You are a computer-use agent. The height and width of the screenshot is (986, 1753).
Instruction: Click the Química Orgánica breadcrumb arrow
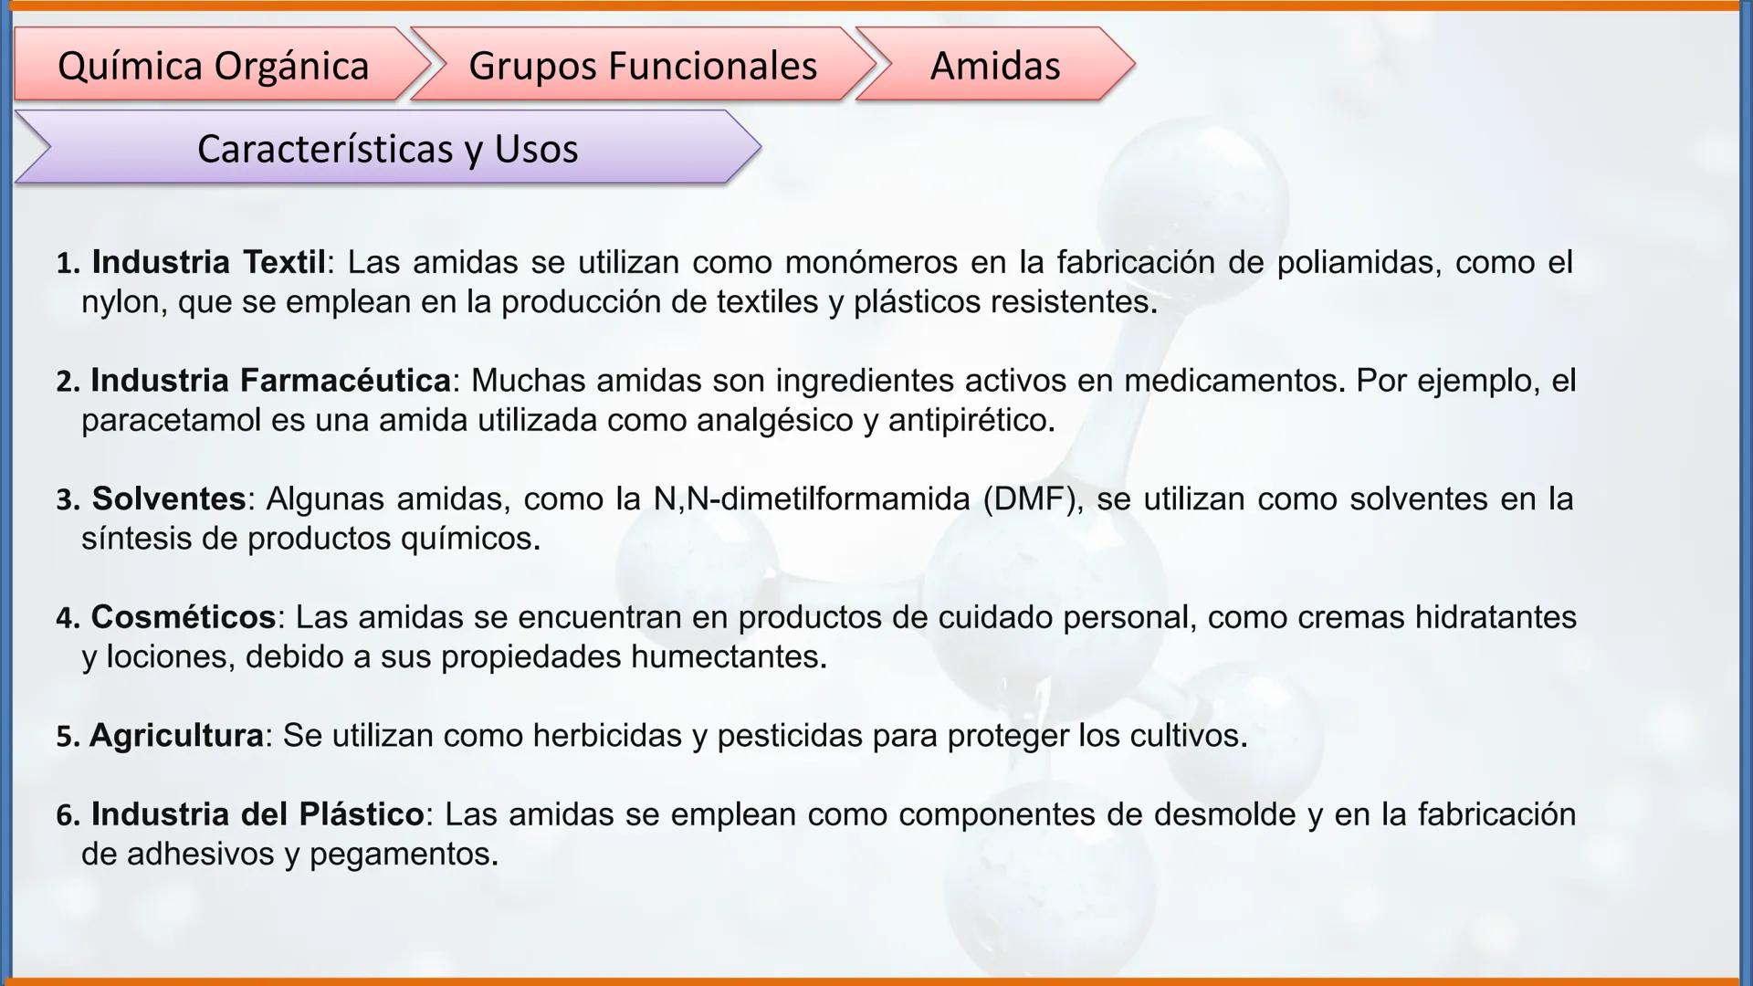tap(214, 65)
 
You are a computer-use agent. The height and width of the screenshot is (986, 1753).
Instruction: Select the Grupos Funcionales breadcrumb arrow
tap(642, 65)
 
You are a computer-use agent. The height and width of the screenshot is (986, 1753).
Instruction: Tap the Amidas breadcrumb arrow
tap(994, 65)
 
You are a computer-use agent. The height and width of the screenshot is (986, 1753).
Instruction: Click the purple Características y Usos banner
tap(387, 148)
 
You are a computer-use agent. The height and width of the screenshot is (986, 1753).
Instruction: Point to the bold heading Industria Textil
tap(208, 262)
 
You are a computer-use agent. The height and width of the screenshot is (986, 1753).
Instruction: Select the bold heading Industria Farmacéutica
tap(270, 380)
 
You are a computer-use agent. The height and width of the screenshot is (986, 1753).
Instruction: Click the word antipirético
tap(970, 420)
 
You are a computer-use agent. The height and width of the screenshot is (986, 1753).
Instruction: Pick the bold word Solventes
tap(169, 498)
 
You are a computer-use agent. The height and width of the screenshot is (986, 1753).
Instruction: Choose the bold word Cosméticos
tap(183, 617)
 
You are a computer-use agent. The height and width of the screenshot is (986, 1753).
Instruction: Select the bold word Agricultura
tap(176, 735)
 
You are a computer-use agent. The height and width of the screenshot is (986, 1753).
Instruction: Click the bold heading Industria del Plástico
tap(257, 813)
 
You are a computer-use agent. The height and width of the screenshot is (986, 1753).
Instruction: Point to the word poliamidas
tap(1355, 262)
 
